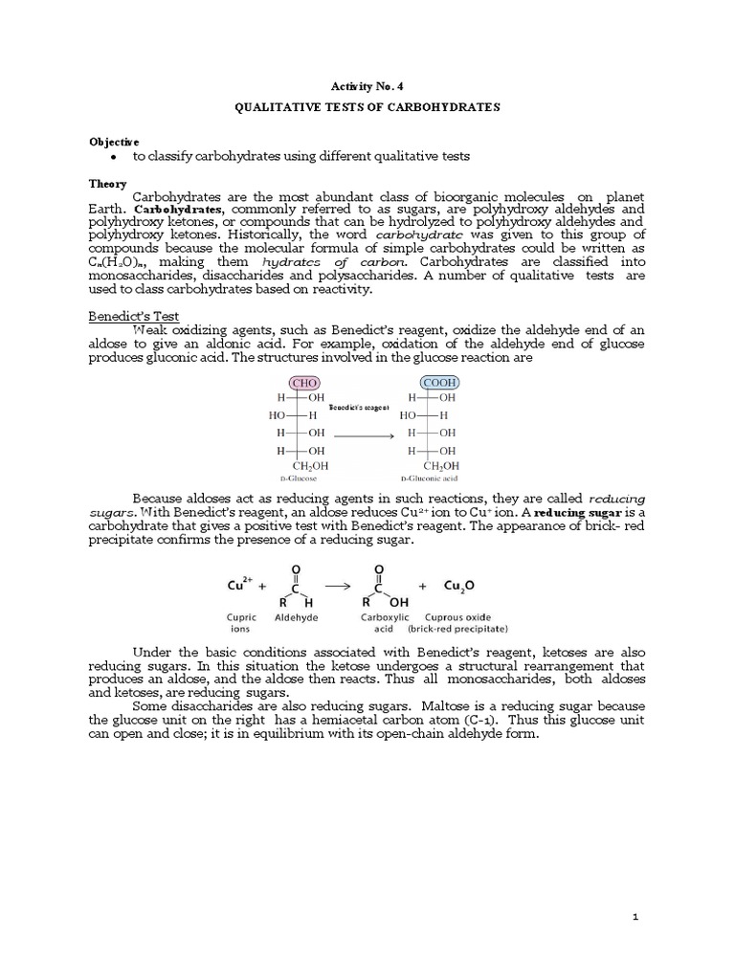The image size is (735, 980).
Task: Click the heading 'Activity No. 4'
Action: click(x=367, y=85)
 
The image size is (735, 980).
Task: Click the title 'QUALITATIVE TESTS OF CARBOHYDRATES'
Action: click(x=367, y=107)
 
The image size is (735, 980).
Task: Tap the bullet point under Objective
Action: click(x=114, y=156)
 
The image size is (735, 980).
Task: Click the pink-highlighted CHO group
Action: click(x=298, y=382)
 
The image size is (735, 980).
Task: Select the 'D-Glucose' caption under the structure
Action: click(x=298, y=476)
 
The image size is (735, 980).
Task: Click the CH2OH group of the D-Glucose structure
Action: click(x=298, y=465)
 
